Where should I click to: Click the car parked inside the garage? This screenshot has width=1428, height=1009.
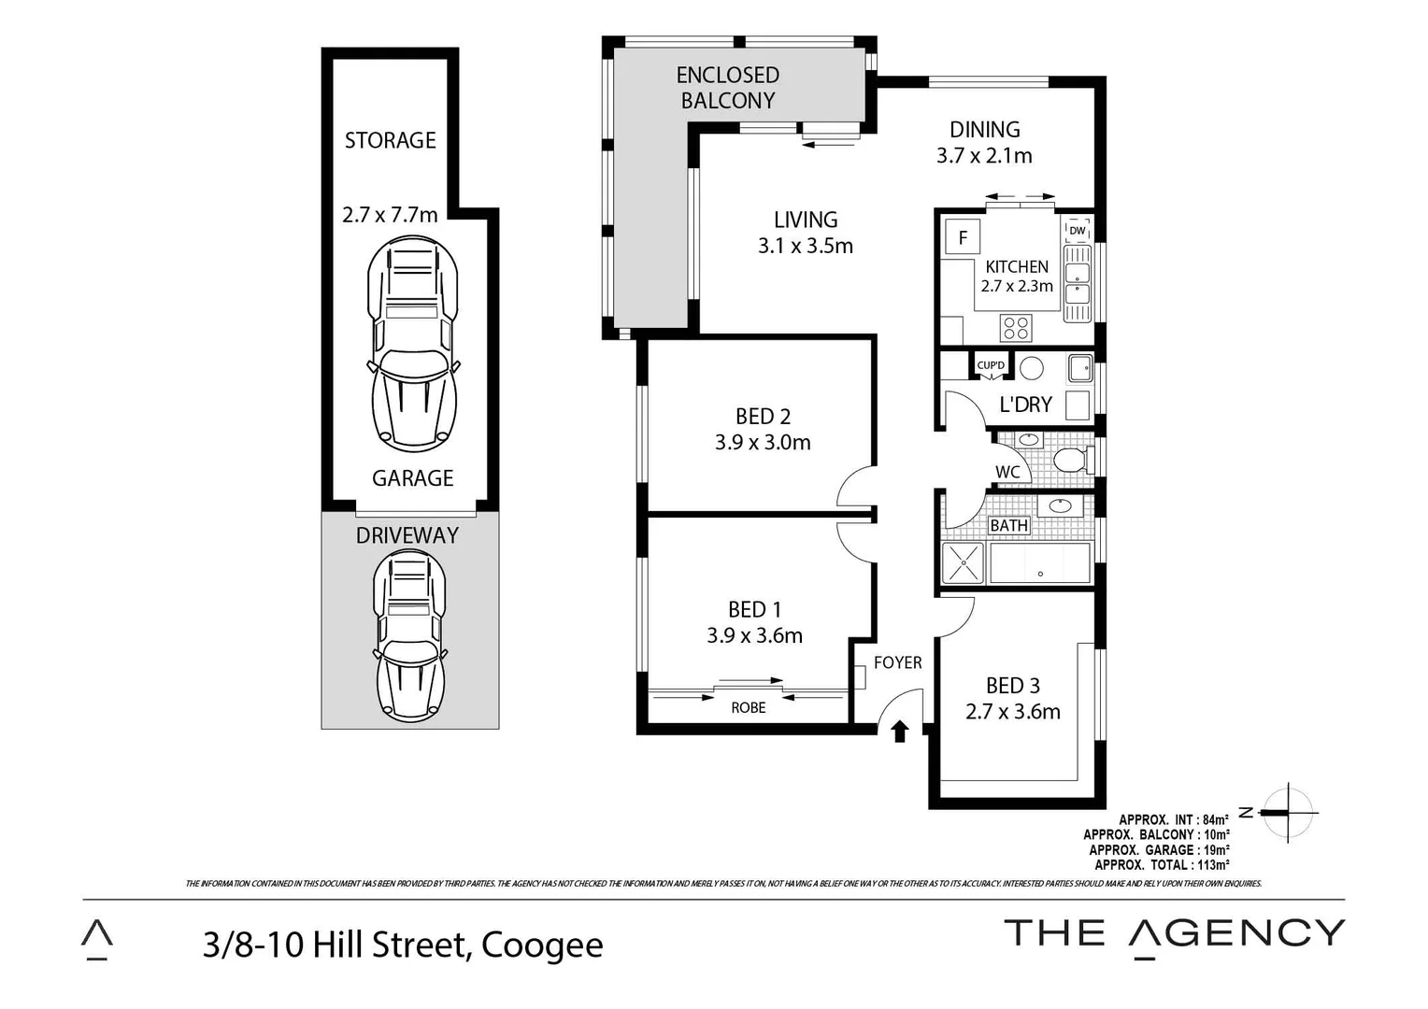click(413, 343)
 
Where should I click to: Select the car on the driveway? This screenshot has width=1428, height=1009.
click(409, 635)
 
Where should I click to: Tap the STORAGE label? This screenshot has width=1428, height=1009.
click(390, 140)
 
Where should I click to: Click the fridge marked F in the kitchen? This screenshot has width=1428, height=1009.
click(962, 237)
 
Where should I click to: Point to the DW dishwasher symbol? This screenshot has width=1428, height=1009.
click(1077, 231)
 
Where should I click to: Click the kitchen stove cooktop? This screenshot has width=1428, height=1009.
click(1016, 328)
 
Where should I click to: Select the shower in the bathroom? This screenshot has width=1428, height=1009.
click(963, 562)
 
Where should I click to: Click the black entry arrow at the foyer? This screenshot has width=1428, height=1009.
click(900, 731)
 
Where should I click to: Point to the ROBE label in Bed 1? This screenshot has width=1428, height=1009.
click(748, 708)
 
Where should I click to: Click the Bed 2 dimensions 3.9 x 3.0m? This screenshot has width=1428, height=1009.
click(763, 442)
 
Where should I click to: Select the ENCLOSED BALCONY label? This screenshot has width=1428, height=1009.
click(727, 88)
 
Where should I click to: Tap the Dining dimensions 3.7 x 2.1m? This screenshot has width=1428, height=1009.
click(984, 156)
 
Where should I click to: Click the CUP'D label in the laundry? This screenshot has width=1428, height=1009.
click(990, 365)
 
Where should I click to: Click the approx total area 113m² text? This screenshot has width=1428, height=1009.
click(1162, 865)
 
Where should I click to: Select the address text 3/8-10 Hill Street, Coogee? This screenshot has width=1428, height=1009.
click(403, 945)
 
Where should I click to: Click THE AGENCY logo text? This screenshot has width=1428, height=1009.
click(1174, 933)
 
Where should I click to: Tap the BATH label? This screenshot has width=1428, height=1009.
click(1008, 526)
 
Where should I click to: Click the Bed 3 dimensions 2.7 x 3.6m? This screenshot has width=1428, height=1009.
click(1012, 712)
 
